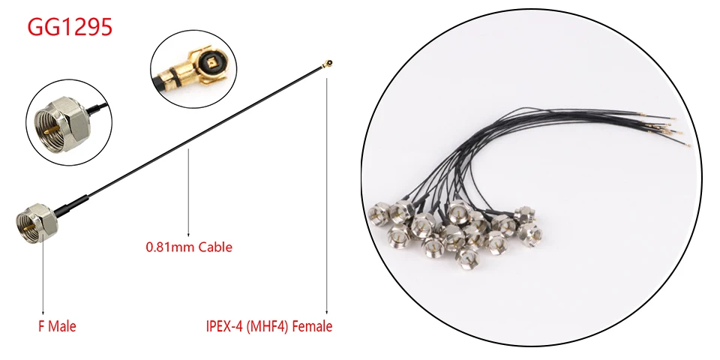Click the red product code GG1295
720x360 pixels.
pyautogui.click(x=70, y=28)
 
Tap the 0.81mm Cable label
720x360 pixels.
pyautogui.click(x=188, y=246)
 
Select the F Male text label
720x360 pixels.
pyautogui.click(x=57, y=326)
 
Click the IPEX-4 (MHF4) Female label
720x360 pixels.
pyautogui.click(x=268, y=326)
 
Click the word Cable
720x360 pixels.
pyautogui.click(x=215, y=246)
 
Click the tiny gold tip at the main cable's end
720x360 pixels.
pyautogui.click(x=328, y=63)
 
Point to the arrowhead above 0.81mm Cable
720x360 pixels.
pyautogui.click(x=188, y=234)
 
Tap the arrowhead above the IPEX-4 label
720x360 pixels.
pyautogui.click(x=327, y=313)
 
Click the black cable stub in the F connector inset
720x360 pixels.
pyautogui.click(x=94, y=110)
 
